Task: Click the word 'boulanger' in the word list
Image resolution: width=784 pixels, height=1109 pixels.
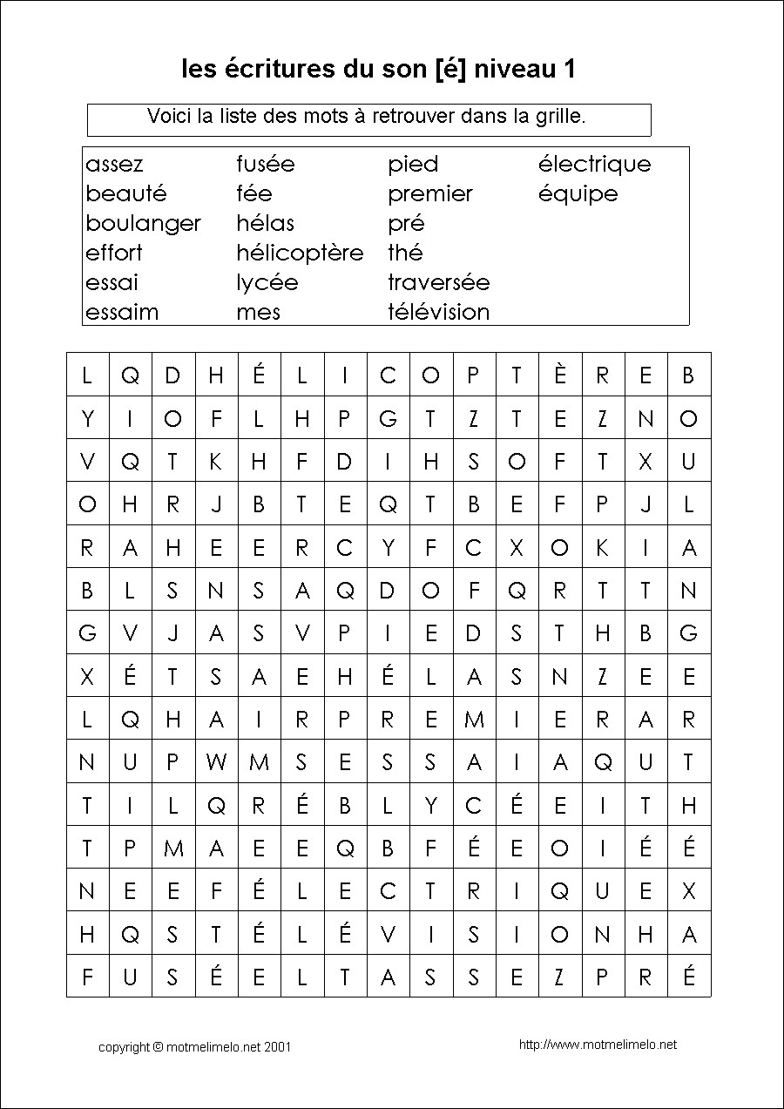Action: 143,224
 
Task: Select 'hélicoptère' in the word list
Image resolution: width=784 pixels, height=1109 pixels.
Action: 300,254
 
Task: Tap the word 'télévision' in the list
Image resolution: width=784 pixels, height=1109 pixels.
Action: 438,312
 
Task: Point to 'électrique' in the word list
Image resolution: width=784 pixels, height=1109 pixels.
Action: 594,165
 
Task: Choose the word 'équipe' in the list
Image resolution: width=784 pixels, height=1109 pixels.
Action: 578,194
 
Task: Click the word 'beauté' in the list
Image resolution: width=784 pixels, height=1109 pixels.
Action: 125,193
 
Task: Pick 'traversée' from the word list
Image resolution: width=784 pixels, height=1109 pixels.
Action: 438,282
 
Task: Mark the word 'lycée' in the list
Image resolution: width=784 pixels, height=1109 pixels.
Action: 267,282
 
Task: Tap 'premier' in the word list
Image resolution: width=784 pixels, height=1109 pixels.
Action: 430,193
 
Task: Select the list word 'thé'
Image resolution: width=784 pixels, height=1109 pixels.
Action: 405,253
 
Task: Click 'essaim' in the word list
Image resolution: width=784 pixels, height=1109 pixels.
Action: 122,312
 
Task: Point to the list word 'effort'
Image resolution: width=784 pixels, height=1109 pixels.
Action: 114,253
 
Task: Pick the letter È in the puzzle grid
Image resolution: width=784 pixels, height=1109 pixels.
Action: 560,375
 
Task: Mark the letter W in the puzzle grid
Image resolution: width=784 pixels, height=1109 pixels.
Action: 216,762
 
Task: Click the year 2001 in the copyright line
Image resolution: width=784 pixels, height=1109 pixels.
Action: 277,1046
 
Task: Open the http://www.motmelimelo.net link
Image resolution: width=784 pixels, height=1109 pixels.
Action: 598,1045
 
